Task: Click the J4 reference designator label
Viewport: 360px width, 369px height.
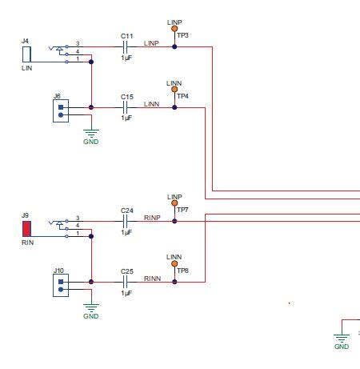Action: [x=25, y=40]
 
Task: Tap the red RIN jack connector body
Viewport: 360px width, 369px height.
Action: [x=26, y=228]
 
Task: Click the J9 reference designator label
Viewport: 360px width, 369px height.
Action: [x=25, y=215]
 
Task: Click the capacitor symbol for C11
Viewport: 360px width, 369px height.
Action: [x=126, y=46]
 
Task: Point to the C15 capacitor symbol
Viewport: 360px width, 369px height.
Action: [x=126, y=107]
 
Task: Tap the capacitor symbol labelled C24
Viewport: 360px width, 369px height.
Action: [x=126, y=221]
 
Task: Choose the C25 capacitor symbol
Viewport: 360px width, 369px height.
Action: [x=126, y=282]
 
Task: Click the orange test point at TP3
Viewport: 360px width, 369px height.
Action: [x=174, y=28]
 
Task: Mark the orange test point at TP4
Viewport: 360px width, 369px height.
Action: [x=174, y=90]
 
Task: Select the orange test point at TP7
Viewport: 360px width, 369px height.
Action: [x=174, y=203]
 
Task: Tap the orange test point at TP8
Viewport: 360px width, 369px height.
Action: [x=174, y=264]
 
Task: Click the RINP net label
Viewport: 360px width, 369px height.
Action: [x=152, y=217]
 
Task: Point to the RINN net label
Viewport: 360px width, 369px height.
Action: [x=152, y=278]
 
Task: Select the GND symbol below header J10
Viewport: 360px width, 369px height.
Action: [x=91, y=311]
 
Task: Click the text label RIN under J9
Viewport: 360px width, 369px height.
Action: [x=27, y=243]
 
